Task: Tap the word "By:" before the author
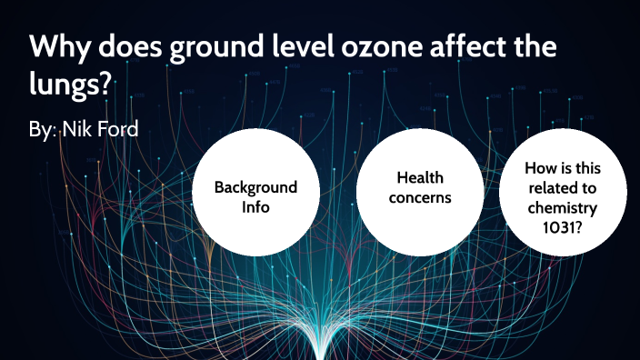click(42, 130)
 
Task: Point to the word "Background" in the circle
click(255, 187)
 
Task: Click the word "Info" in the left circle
click(255, 205)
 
